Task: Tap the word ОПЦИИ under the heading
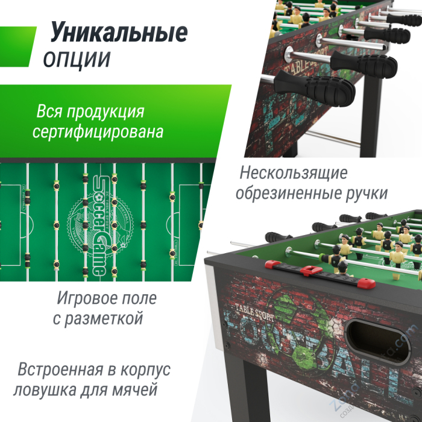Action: (x=77, y=59)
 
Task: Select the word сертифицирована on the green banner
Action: (x=98, y=131)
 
